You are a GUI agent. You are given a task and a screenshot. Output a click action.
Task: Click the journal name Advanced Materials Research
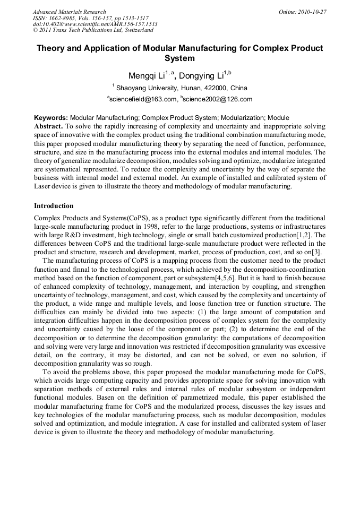(x=69, y=12)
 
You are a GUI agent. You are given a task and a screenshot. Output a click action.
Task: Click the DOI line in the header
(x=95, y=24)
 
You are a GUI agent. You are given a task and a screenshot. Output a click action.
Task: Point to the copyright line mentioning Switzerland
(x=92, y=30)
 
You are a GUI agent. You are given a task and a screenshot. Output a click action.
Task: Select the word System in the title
(x=179, y=59)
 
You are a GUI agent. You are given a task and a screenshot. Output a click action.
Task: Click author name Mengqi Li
(x=145, y=76)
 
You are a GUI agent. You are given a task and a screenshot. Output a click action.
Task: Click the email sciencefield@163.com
(x=142, y=99)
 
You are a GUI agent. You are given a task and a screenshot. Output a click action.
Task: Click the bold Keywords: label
(x=51, y=118)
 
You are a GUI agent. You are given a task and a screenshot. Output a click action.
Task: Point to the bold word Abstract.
(x=48, y=126)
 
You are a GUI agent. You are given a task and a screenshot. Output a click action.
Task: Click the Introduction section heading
(x=54, y=205)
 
